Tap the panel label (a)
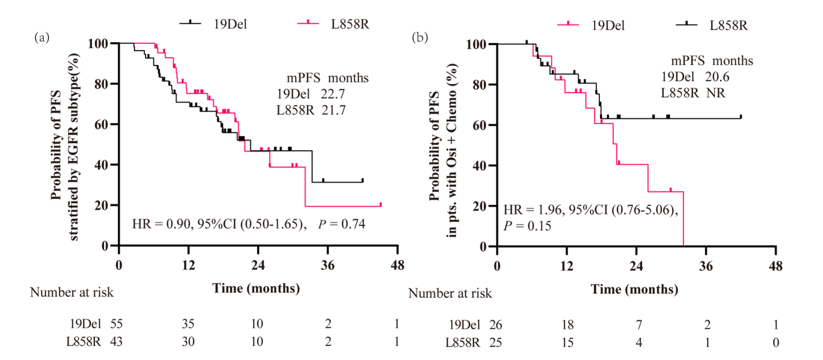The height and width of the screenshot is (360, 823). pos(41,37)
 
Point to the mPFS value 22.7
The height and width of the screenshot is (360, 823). pos(332,94)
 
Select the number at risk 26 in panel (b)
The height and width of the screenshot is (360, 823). pos(496,325)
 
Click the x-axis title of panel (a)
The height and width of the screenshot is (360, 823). pos(257,288)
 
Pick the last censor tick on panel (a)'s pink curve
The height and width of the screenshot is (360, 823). pos(381,204)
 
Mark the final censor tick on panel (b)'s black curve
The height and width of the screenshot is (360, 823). pos(741,117)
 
